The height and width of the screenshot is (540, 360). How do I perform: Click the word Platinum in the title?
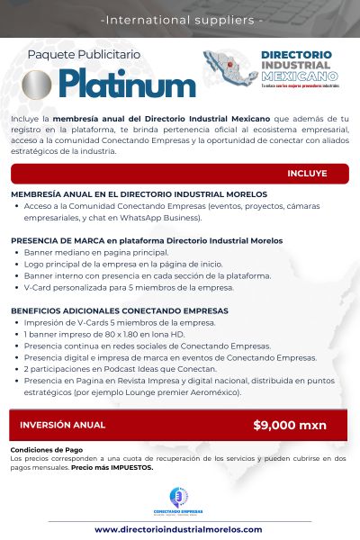(128, 85)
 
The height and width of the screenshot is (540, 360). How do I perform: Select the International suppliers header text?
(180, 18)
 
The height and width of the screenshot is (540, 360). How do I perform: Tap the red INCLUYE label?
(307, 173)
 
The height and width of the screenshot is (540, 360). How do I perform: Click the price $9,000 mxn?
(290, 425)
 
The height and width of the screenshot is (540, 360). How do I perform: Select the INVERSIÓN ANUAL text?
(62, 425)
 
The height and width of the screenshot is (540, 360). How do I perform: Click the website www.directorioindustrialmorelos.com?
(178, 529)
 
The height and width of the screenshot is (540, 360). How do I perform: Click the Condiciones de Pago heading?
(46, 450)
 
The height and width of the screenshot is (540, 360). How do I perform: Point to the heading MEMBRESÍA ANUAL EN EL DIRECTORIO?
(139, 194)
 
